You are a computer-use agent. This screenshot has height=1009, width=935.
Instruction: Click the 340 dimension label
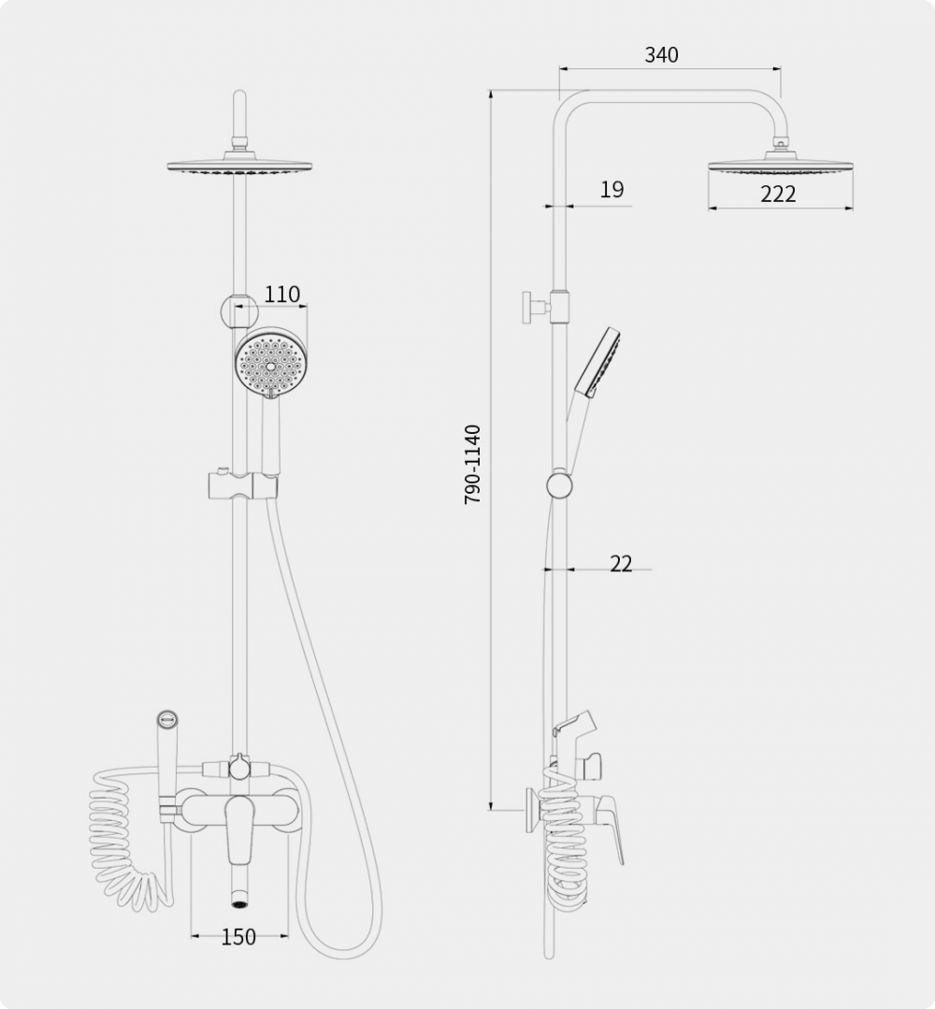coord(661,54)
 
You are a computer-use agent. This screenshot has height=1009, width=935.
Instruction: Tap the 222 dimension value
coord(778,194)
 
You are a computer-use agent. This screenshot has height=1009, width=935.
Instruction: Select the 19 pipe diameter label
coord(611,189)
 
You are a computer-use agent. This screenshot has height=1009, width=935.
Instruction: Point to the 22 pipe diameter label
coord(621,564)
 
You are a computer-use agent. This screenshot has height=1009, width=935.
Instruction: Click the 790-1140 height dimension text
coord(472,464)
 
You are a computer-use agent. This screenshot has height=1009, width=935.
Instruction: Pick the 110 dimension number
coord(281,294)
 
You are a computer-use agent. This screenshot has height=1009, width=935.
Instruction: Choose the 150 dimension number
coord(238,937)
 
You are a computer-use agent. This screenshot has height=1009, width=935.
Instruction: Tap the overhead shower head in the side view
coord(781,164)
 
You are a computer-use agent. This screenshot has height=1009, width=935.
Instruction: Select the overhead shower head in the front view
coord(239,164)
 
